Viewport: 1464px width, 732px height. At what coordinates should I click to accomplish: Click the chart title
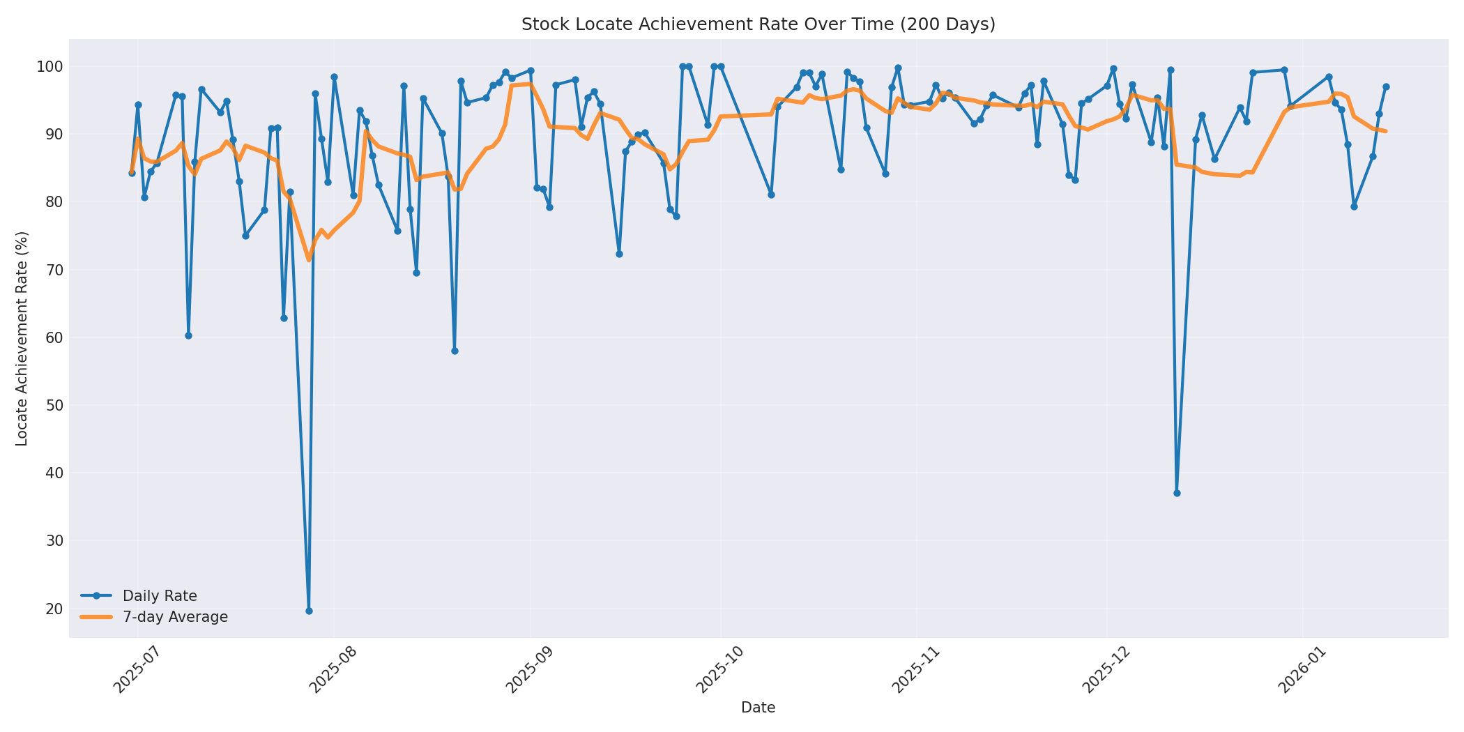click(758, 24)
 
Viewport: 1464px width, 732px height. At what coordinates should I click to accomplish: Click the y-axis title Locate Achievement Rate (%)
click(22, 338)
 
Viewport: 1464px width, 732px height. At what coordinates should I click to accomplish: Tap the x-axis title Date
click(758, 708)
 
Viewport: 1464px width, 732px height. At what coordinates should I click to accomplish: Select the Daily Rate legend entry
click(160, 596)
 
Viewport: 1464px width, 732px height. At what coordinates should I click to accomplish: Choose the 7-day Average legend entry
click(175, 617)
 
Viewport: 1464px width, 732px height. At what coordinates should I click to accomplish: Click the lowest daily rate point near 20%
click(309, 611)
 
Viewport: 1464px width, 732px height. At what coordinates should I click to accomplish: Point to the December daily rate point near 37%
click(1177, 493)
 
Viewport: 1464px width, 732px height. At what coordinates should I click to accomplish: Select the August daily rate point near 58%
click(455, 351)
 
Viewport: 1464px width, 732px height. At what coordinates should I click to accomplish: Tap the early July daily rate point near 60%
click(188, 335)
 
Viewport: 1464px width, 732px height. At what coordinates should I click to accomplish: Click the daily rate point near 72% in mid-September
click(619, 254)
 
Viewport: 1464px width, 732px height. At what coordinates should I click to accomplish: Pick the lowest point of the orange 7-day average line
click(309, 260)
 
